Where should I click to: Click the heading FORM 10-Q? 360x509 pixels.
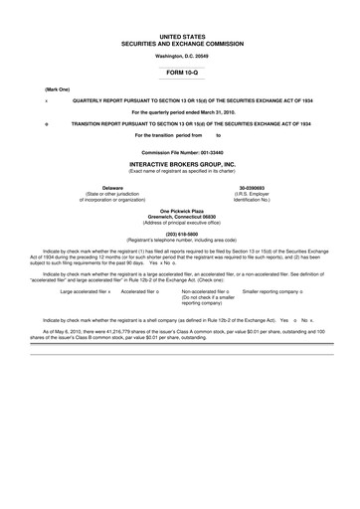click(180, 73)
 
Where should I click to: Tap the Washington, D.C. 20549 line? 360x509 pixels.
click(180, 57)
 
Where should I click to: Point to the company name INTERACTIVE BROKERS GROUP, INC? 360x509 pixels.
click(180, 162)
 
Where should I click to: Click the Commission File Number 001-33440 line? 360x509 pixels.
click(180, 150)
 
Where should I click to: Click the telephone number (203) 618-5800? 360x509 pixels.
click(180, 234)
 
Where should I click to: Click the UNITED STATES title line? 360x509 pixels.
click(180, 35)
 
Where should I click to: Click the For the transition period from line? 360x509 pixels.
click(175, 134)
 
